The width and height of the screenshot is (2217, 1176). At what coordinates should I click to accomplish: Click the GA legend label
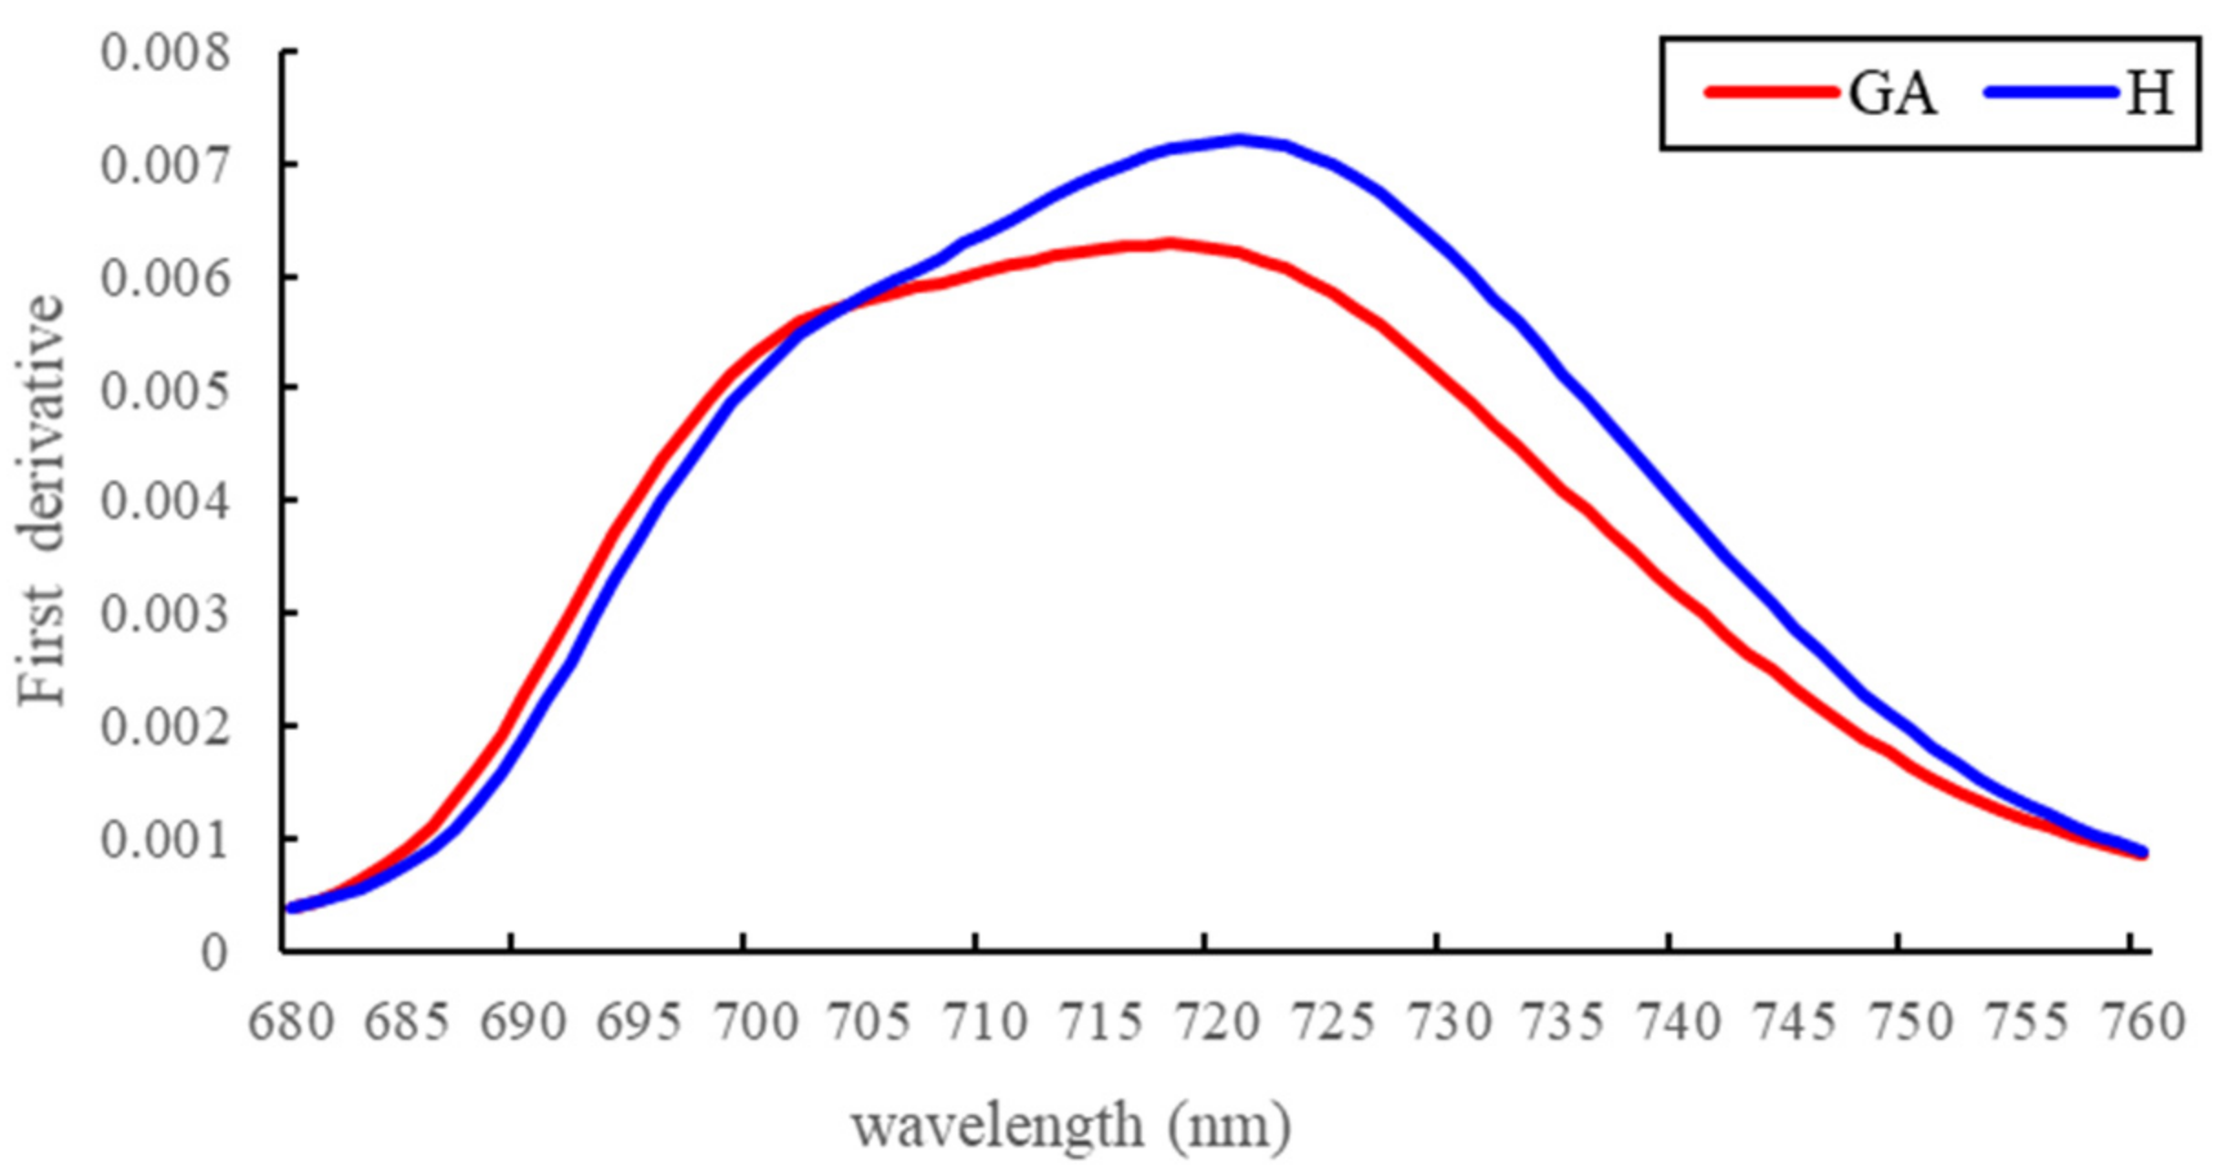[1892, 93]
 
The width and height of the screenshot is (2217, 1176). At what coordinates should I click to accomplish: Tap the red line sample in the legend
[1771, 92]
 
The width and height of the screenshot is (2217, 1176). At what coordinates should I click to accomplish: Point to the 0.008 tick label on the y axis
[165, 53]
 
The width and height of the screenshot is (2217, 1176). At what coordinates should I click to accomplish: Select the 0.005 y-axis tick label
[165, 390]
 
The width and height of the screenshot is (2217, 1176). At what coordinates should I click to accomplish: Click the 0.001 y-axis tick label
[165, 839]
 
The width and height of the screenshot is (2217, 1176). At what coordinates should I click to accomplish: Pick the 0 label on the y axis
[213, 952]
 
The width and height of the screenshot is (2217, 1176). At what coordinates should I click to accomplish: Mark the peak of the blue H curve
[1238, 140]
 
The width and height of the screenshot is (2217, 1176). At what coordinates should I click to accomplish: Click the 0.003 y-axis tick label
[165, 615]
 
